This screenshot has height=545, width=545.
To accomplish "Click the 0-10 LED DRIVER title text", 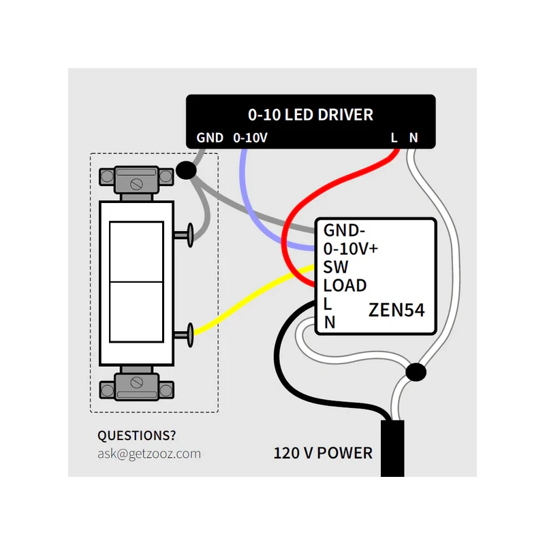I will click(310, 114).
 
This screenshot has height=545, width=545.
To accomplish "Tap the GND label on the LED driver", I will click(210, 138).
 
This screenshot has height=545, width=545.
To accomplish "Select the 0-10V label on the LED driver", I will click(250, 138).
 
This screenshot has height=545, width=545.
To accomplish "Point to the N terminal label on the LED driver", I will click(414, 138).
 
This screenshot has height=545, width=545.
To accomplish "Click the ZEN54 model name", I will click(396, 310).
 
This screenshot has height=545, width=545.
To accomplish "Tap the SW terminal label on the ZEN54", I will click(335, 267).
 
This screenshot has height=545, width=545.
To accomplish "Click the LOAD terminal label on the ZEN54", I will click(345, 285).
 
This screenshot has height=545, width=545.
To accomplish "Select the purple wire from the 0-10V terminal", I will click(255, 204).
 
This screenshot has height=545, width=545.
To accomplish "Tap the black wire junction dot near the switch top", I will click(185, 170).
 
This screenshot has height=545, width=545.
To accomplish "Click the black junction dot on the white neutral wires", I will click(415, 373).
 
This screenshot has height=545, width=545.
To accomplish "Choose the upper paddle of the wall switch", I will click(136, 251).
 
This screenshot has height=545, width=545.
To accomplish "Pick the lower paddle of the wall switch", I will click(136, 312).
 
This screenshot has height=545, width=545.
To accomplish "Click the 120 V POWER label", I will click(323, 452).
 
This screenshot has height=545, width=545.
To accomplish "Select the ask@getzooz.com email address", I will click(149, 453).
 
